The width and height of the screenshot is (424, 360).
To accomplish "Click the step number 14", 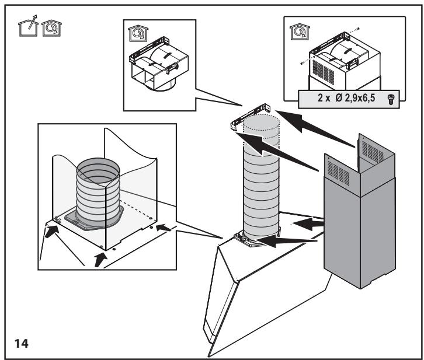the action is pyautogui.click(x=22, y=344).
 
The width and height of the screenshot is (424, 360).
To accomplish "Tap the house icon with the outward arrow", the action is pyautogui.click(x=28, y=26).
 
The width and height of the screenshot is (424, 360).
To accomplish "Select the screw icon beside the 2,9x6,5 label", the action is pyautogui.click(x=391, y=99).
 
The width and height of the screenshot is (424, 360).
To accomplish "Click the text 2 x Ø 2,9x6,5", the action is pyautogui.click(x=346, y=98).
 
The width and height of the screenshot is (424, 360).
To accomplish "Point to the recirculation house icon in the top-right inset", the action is pyautogui.click(x=300, y=32).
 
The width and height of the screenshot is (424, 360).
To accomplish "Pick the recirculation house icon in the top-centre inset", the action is pyautogui.click(x=138, y=33).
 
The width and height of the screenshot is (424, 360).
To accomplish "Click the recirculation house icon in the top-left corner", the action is pyautogui.click(x=51, y=28).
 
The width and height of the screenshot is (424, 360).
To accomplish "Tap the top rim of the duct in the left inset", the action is pyautogui.click(x=98, y=170).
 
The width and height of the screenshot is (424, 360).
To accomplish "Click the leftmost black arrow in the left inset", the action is pyautogui.click(x=51, y=232).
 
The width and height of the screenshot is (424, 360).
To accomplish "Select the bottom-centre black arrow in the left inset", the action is pyautogui.click(x=100, y=259).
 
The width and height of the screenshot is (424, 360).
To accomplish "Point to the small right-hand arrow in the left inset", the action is pyautogui.click(x=164, y=228).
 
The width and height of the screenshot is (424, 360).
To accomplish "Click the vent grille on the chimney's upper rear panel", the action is pyautogui.click(x=373, y=152).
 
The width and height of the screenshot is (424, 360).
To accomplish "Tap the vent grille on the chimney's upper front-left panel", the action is pyautogui.click(x=338, y=173).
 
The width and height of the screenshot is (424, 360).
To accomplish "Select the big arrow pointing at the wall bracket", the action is pyautogui.click(x=315, y=129).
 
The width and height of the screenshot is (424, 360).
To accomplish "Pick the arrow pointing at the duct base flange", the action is pyautogui.click(x=286, y=240).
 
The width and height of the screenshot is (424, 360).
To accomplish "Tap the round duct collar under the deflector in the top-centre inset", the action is pyautogui.click(x=160, y=86).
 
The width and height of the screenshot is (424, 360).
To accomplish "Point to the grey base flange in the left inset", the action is pyautogui.click(x=95, y=219).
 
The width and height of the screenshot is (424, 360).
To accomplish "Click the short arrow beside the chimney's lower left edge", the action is pyautogui.click(x=308, y=224).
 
